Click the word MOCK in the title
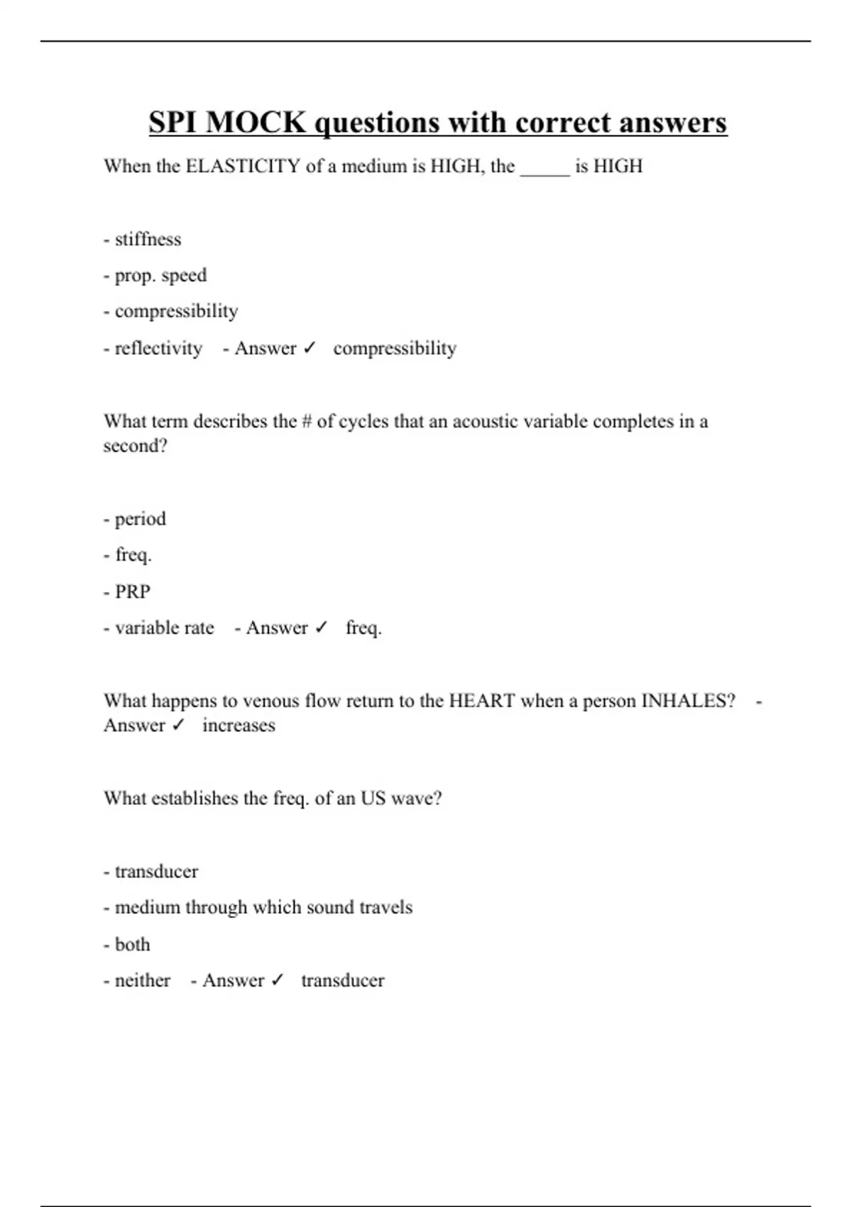(x=256, y=122)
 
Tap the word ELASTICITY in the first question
(x=243, y=166)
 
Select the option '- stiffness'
(x=143, y=239)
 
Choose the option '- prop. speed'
(x=155, y=275)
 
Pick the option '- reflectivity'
(x=153, y=349)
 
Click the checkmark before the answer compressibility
(x=309, y=349)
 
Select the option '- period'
(x=135, y=519)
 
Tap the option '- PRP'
(x=127, y=591)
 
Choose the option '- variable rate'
(x=159, y=628)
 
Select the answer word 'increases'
(x=239, y=726)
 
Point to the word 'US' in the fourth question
(x=373, y=799)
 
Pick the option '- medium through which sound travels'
(x=258, y=907)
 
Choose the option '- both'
(x=127, y=945)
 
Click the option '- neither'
(x=137, y=981)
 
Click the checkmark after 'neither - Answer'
(x=277, y=981)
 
